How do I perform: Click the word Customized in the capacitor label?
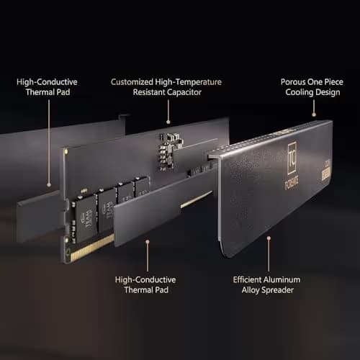(x=132, y=82)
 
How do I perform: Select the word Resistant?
(x=149, y=92)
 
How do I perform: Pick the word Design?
(x=328, y=92)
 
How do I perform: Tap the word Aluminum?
(x=282, y=280)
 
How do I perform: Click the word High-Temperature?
(x=189, y=82)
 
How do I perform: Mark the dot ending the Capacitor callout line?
(x=168, y=122)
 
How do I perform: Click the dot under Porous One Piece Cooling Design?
(x=314, y=114)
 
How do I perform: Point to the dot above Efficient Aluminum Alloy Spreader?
(x=269, y=238)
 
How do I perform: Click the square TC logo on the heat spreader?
(x=292, y=158)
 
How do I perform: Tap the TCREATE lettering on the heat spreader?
(x=292, y=184)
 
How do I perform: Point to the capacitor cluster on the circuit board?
(x=169, y=151)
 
